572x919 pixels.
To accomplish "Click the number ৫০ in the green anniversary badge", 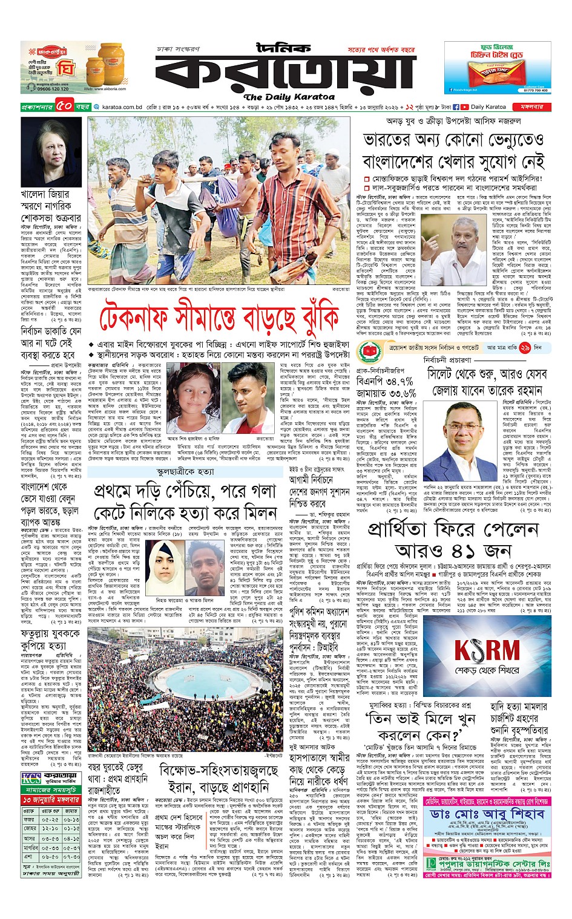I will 65,107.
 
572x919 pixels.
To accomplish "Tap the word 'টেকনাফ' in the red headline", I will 137,319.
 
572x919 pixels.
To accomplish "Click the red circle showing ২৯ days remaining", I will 524,348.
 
